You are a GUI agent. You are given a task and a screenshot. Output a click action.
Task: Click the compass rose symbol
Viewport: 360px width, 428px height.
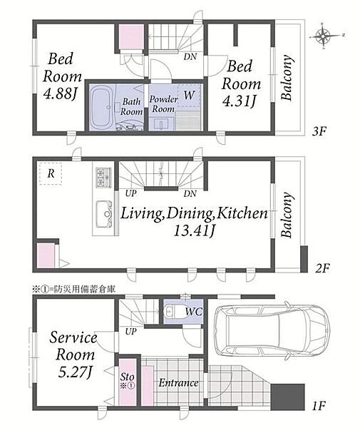pyautogui.click(x=323, y=36)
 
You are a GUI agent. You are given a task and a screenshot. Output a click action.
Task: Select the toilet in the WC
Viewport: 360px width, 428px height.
pyautogui.click(x=172, y=312)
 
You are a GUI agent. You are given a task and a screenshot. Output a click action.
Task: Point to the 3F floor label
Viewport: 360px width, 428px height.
pyautogui.click(x=319, y=131)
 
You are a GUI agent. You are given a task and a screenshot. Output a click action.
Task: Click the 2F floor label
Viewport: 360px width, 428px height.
pyautogui.click(x=323, y=268)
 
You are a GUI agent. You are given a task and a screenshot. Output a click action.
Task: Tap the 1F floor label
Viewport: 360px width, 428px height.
pyautogui.click(x=319, y=406)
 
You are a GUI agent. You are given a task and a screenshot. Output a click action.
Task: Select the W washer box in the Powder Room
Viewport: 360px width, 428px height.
pyautogui.click(x=189, y=96)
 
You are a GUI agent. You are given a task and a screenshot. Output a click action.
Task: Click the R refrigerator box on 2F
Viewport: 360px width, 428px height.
pyautogui.click(x=51, y=173)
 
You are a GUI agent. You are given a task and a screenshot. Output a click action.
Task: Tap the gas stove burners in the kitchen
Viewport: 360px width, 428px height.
pyautogui.click(x=103, y=178)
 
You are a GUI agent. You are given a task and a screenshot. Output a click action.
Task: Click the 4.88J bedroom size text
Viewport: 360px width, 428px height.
pyautogui.click(x=60, y=94)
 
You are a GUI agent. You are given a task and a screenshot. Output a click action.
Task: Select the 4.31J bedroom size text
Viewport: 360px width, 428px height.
pyautogui.click(x=240, y=101)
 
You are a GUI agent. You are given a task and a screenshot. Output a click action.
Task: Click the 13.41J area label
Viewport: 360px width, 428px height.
pyautogui.click(x=194, y=231)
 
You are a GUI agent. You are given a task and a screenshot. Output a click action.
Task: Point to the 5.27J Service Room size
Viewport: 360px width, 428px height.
pyautogui.click(x=75, y=372)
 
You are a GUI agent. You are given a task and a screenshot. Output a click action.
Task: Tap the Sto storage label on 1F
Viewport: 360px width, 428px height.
pyautogui.click(x=128, y=377)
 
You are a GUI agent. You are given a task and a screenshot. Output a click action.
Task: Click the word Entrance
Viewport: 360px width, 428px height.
pyautogui.click(x=178, y=382)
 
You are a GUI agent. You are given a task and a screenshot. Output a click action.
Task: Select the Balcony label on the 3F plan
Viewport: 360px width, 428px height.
pyautogui.click(x=287, y=78)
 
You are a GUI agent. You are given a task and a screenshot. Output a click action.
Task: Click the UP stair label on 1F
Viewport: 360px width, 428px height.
pyautogui.click(x=130, y=332)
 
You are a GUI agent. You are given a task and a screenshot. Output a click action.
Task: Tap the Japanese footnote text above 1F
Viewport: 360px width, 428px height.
pyautogui.click(x=73, y=289)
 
